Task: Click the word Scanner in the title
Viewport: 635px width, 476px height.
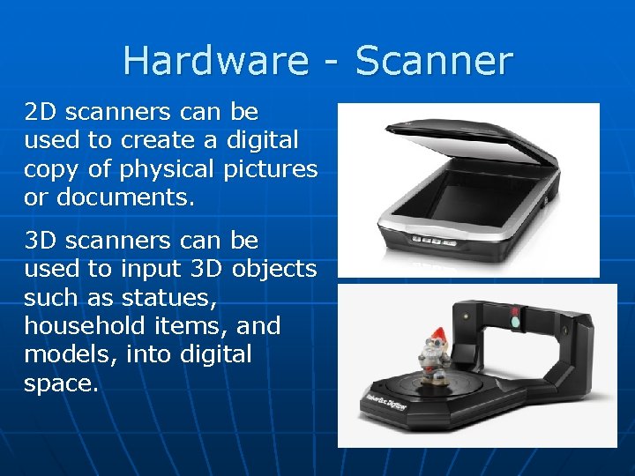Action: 435,60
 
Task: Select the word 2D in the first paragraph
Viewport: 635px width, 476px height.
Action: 40,112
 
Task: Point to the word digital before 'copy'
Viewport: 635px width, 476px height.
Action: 264,140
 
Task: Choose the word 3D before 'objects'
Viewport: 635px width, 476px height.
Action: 206,269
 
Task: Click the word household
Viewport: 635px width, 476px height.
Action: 80,325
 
